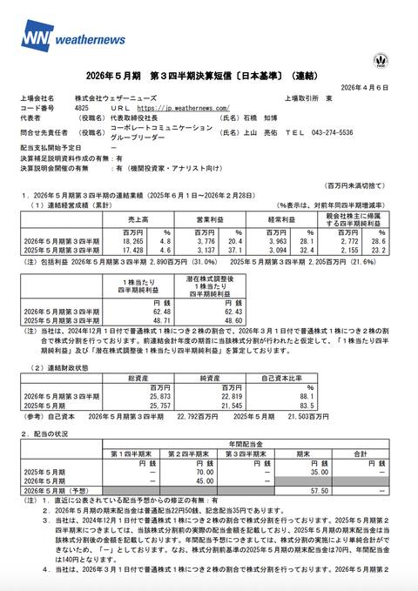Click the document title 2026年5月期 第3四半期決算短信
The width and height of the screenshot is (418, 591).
(208, 76)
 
